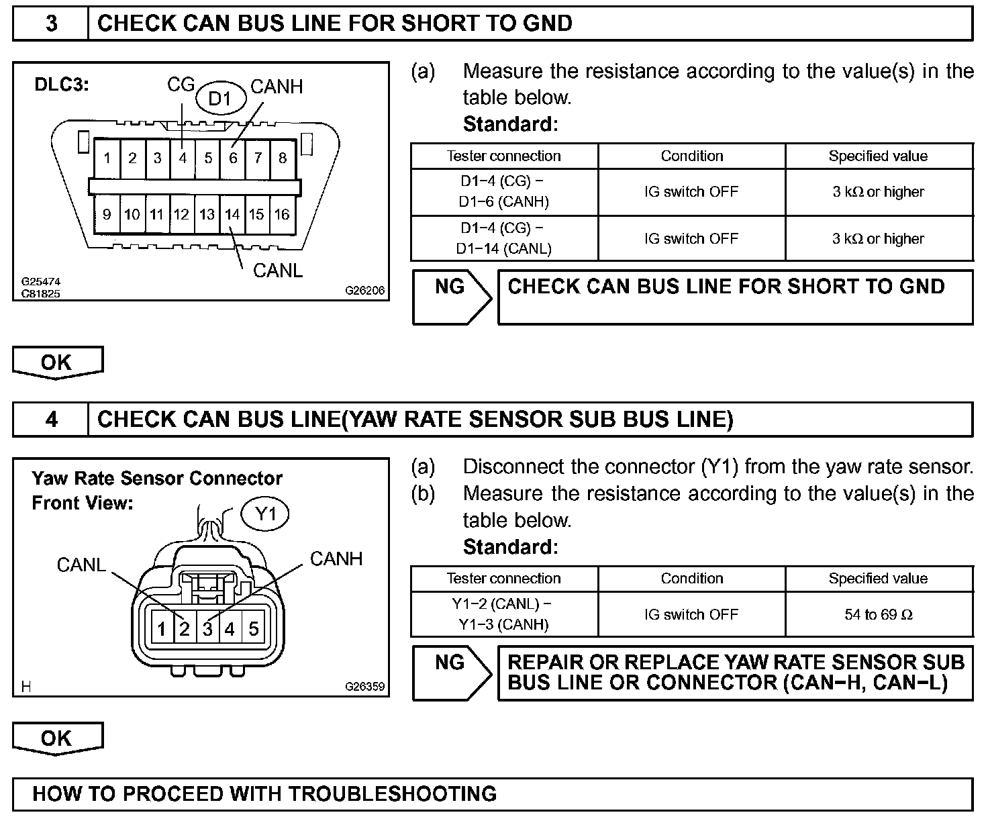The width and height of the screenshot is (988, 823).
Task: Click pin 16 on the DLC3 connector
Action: [282, 214]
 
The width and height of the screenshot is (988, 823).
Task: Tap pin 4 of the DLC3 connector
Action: [183, 158]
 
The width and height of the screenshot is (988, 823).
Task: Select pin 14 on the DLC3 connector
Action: [232, 214]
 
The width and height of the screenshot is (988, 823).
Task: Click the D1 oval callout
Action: [219, 99]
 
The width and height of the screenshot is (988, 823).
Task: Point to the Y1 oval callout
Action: [266, 515]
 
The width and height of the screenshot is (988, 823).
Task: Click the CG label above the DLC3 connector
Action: [181, 85]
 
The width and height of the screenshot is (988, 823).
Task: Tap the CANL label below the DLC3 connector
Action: [277, 270]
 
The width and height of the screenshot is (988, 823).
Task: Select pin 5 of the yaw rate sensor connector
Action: [254, 629]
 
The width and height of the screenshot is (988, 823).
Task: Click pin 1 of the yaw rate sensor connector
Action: [162, 629]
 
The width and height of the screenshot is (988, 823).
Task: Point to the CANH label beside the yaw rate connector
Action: [336, 559]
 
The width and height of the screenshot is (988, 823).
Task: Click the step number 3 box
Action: [51, 24]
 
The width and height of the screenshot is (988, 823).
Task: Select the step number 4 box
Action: [51, 420]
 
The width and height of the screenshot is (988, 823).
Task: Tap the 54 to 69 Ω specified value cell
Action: [879, 614]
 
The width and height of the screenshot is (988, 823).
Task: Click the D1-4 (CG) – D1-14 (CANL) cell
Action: [504, 238]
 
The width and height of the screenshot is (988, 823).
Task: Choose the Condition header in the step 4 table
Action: [691, 579]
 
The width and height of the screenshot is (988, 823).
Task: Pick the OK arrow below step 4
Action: [58, 738]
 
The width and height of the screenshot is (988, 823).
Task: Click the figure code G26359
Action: [364, 687]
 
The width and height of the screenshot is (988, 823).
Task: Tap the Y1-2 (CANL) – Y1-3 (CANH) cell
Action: [504, 614]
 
